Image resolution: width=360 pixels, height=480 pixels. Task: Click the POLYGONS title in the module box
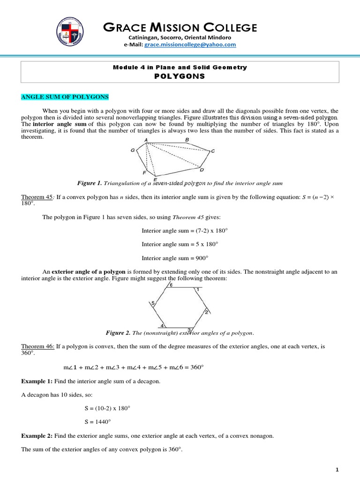180,76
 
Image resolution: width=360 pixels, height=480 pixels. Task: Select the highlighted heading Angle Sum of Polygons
64,97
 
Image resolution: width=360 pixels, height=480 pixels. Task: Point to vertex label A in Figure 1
146,140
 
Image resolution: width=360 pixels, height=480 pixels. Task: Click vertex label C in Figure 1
213,151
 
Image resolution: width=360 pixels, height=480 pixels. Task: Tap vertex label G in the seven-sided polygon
133,150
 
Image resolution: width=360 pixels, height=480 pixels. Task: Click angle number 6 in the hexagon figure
172,285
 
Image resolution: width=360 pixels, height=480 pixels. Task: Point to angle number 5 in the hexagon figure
153,304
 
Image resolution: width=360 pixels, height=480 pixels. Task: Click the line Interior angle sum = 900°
174,258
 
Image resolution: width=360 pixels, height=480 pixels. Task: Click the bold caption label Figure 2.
119,333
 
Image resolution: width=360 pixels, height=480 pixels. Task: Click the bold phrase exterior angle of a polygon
88,272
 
